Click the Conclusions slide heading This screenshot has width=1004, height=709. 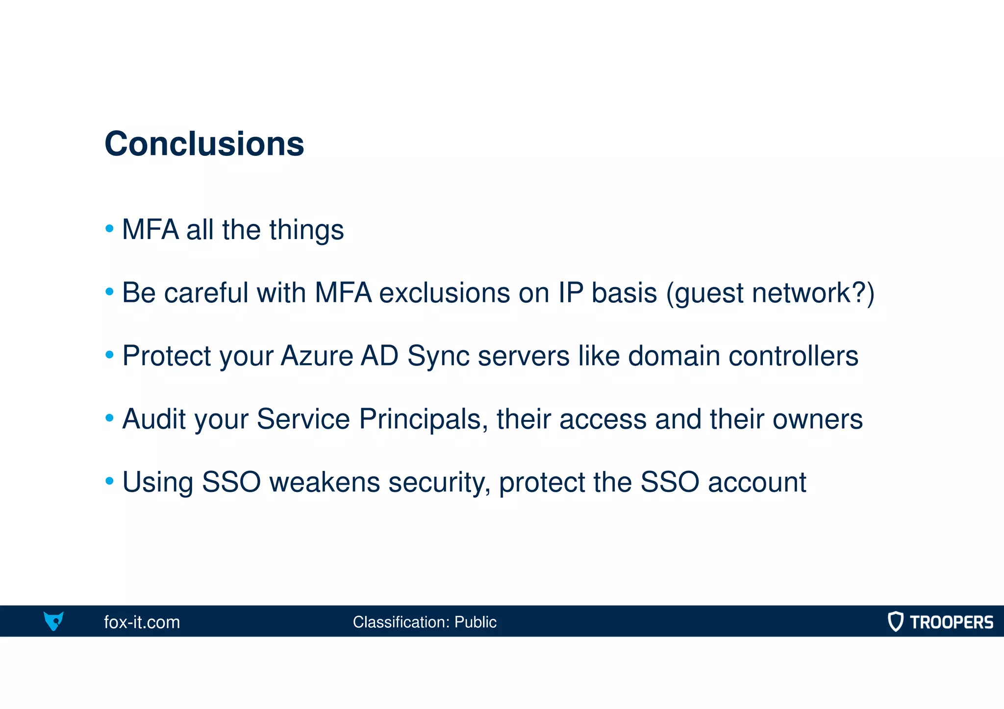(204, 144)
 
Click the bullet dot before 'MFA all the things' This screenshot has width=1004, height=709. (110, 228)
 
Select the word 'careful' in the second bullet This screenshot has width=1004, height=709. (206, 293)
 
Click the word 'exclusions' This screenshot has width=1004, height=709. (445, 293)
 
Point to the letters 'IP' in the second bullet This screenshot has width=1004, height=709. (571, 293)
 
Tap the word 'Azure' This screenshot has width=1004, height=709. (317, 356)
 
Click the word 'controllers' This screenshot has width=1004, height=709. (793, 356)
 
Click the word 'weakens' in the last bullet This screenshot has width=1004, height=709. (325, 482)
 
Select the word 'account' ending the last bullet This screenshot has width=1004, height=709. (757, 482)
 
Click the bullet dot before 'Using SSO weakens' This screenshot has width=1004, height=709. (110, 481)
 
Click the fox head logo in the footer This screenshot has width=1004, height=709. (53, 621)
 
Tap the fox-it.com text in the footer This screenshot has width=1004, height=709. (142, 622)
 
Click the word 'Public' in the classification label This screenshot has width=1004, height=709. (475, 622)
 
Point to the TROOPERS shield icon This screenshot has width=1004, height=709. (895, 621)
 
